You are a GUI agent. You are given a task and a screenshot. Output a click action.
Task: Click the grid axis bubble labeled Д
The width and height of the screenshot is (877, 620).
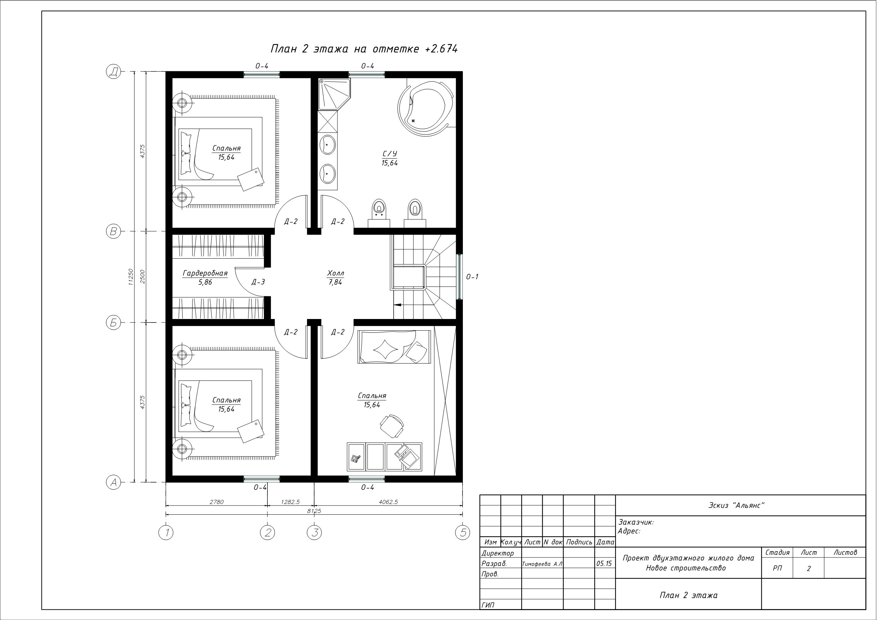coord(113,71)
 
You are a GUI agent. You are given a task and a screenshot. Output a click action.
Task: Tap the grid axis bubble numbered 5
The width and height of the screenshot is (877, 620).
coord(463,532)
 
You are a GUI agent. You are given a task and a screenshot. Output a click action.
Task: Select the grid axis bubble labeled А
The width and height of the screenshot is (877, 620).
coord(113,483)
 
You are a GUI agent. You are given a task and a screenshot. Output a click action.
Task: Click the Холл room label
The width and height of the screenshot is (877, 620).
coord(335,273)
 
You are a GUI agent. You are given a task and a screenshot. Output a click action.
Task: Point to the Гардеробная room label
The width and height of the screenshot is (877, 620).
coord(205,273)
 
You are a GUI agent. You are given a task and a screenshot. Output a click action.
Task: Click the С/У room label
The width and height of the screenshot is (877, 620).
coord(390,154)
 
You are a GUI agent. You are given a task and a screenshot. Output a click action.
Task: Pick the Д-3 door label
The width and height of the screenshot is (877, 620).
coord(258,282)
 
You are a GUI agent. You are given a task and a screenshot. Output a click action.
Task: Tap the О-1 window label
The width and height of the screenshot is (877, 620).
coord(472,277)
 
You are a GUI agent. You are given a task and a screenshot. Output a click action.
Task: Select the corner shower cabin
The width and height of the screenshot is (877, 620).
coord(334,94)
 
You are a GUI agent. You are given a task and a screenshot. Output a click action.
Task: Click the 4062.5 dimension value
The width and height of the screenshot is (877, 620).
coord(388,502)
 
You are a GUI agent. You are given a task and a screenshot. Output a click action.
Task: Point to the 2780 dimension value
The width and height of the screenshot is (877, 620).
coord(217,502)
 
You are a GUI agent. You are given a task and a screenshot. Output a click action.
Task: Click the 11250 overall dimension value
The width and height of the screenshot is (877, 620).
coord(131,277)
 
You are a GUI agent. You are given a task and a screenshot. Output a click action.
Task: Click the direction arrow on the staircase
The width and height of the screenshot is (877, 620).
coord(397,305)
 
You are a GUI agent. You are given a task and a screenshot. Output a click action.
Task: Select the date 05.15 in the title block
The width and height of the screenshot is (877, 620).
coord(604,563)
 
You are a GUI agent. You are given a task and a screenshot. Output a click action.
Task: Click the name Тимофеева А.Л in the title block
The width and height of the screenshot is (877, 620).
coord(542,564)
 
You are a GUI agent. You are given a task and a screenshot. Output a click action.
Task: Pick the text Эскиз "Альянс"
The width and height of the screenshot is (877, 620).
coord(736,506)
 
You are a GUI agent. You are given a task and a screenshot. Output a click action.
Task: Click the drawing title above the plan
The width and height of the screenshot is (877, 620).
coord(364,49)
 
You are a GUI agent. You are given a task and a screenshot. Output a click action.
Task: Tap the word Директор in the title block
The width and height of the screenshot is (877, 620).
coord(498,553)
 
